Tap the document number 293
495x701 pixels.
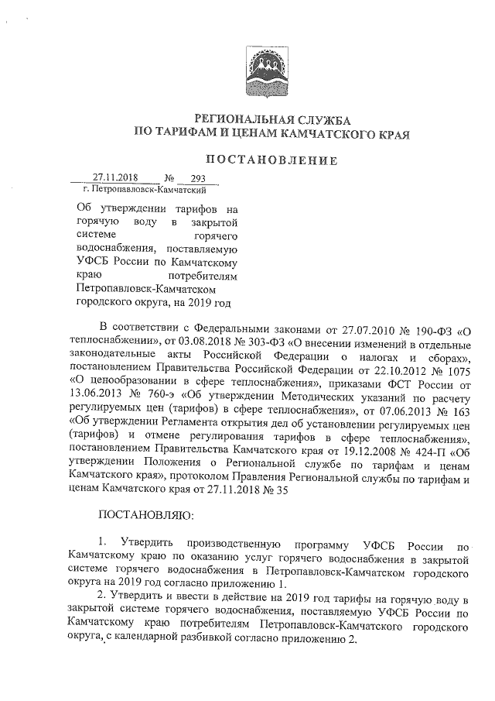(x=186, y=178)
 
